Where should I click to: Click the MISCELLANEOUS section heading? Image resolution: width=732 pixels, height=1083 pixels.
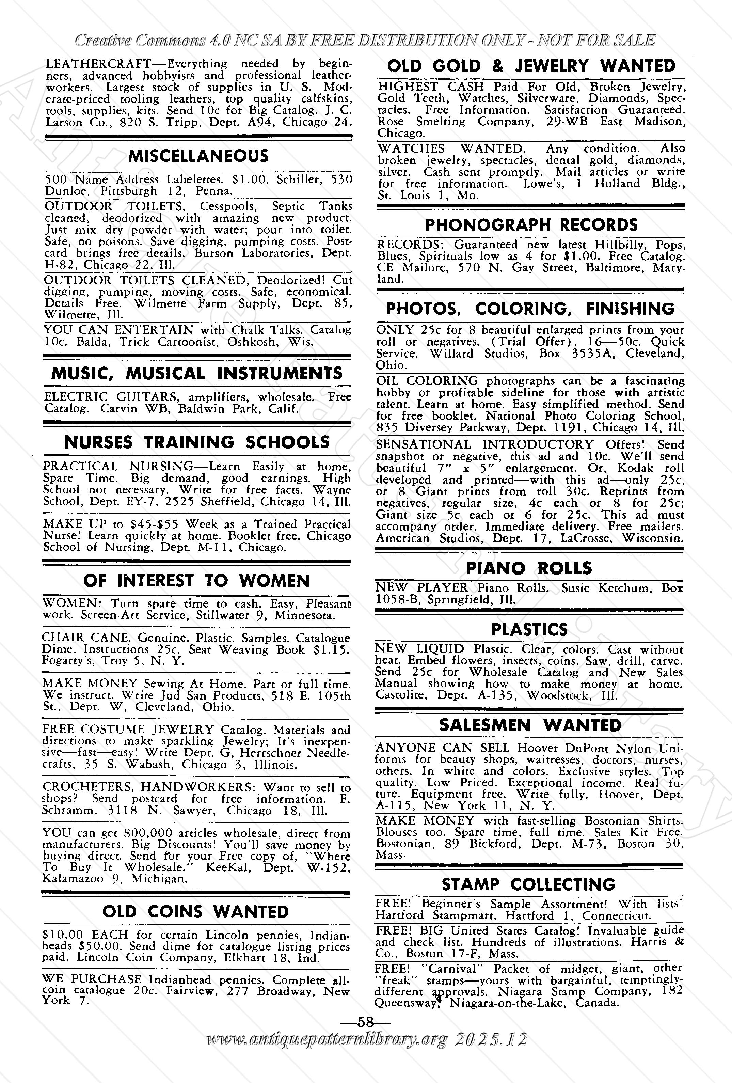(198, 156)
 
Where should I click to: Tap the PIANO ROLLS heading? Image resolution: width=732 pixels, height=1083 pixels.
(529, 568)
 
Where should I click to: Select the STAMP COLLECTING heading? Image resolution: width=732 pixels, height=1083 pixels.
(528, 884)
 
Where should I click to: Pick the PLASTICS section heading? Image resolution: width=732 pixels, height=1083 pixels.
(529, 630)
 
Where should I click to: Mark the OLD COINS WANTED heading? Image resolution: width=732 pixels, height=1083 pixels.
(196, 911)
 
